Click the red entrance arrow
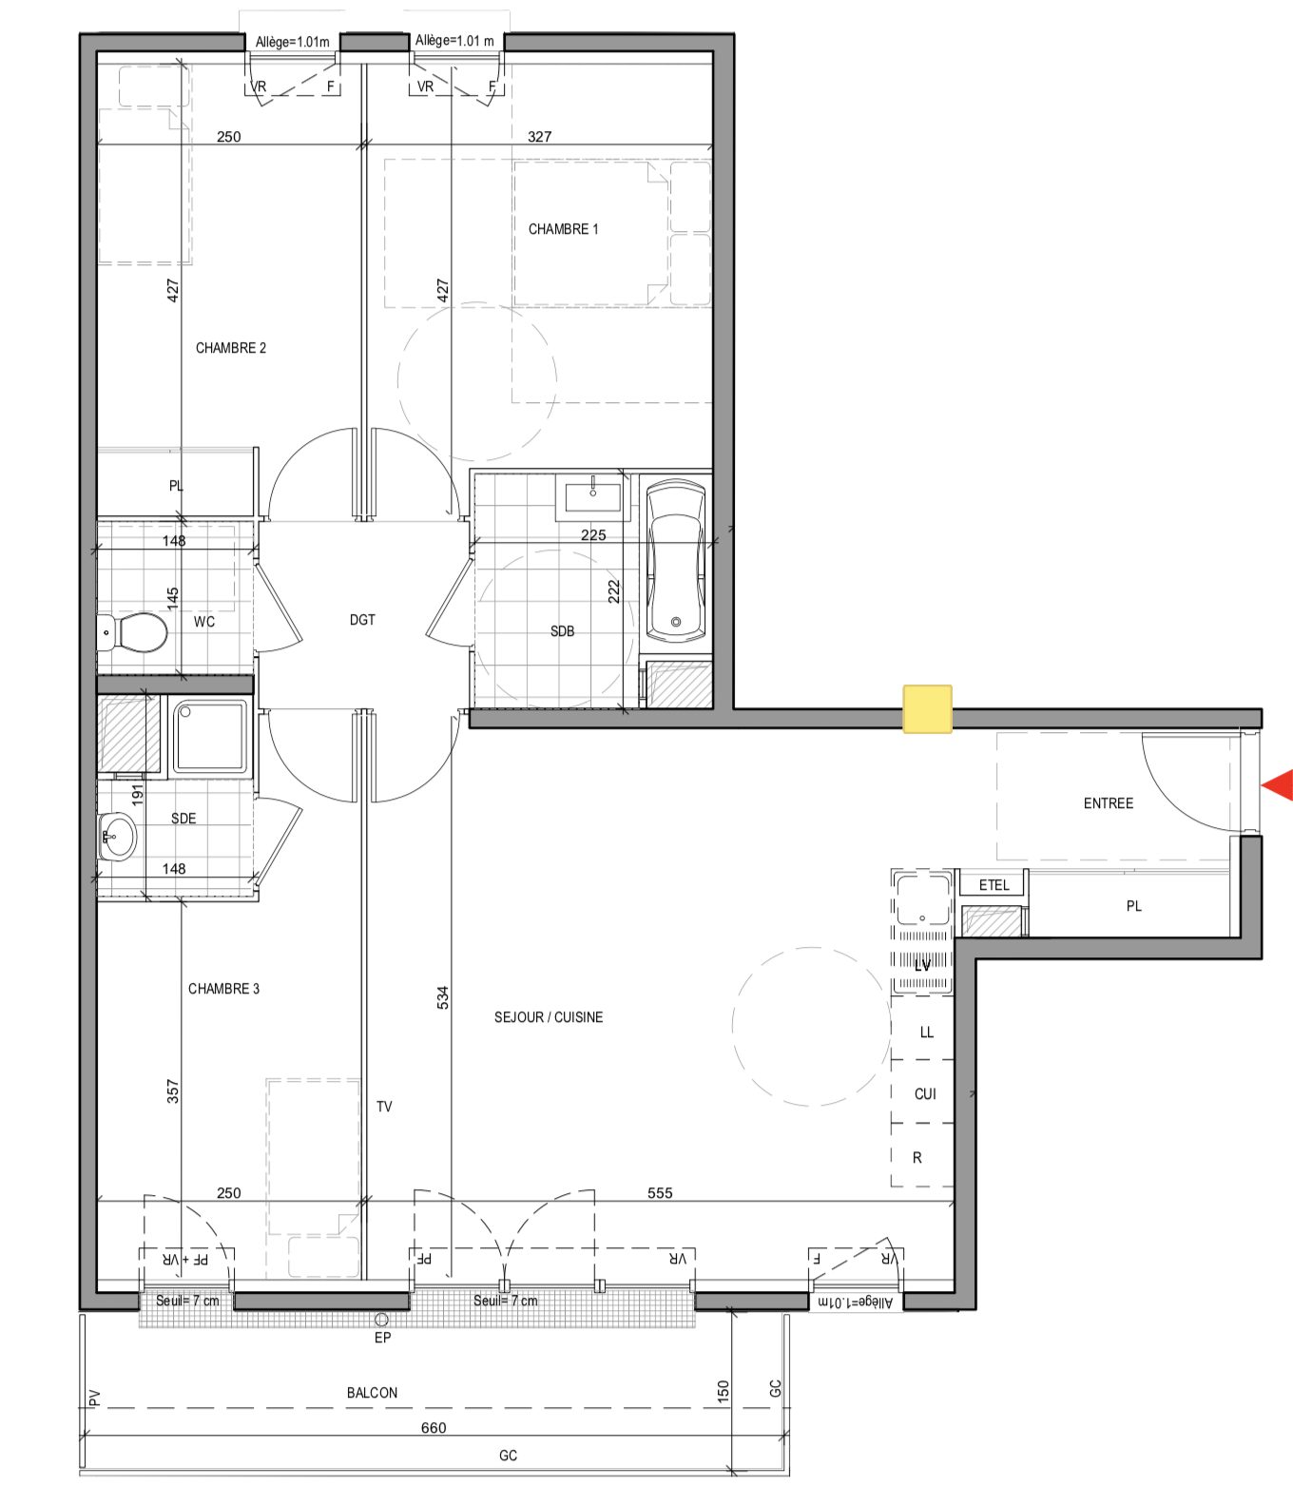click(1280, 785)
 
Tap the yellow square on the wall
click(927, 709)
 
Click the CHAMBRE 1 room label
click(564, 229)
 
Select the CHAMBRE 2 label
click(231, 348)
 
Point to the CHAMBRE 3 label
click(223, 989)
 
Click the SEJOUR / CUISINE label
click(549, 1017)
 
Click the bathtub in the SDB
click(676, 561)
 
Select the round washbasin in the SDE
click(117, 838)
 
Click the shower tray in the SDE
click(210, 737)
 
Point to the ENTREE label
click(1109, 803)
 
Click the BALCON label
click(372, 1393)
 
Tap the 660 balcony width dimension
click(433, 1428)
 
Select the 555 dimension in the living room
click(660, 1193)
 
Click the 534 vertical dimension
click(443, 997)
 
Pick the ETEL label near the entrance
click(994, 885)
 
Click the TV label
click(384, 1107)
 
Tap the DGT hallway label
click(362, 620)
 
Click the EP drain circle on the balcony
click(381, 1320)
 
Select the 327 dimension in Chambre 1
click(539, 137)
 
